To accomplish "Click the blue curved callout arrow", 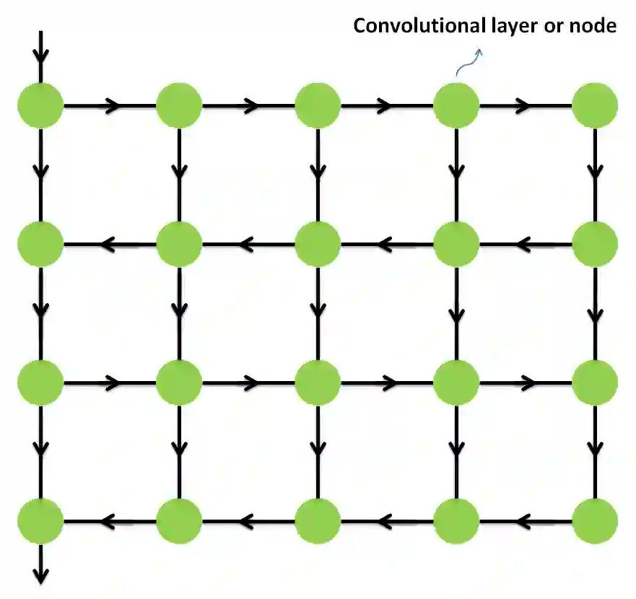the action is (468, 62).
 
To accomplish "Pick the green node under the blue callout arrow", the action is (456, 106).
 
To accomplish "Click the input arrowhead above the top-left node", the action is (40, 56).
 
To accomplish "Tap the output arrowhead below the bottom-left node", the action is (40, 574).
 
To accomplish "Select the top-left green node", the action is (40, 106).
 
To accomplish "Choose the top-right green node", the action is (595, 106).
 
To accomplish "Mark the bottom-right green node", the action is (595, 520).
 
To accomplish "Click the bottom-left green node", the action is (40, 520).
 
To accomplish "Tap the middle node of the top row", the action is (318, 106).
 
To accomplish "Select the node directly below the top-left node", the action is (40, 244).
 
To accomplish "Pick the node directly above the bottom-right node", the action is (595, 382).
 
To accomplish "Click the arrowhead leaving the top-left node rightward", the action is (112, 106).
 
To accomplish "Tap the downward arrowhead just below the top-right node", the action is (595, 172).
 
